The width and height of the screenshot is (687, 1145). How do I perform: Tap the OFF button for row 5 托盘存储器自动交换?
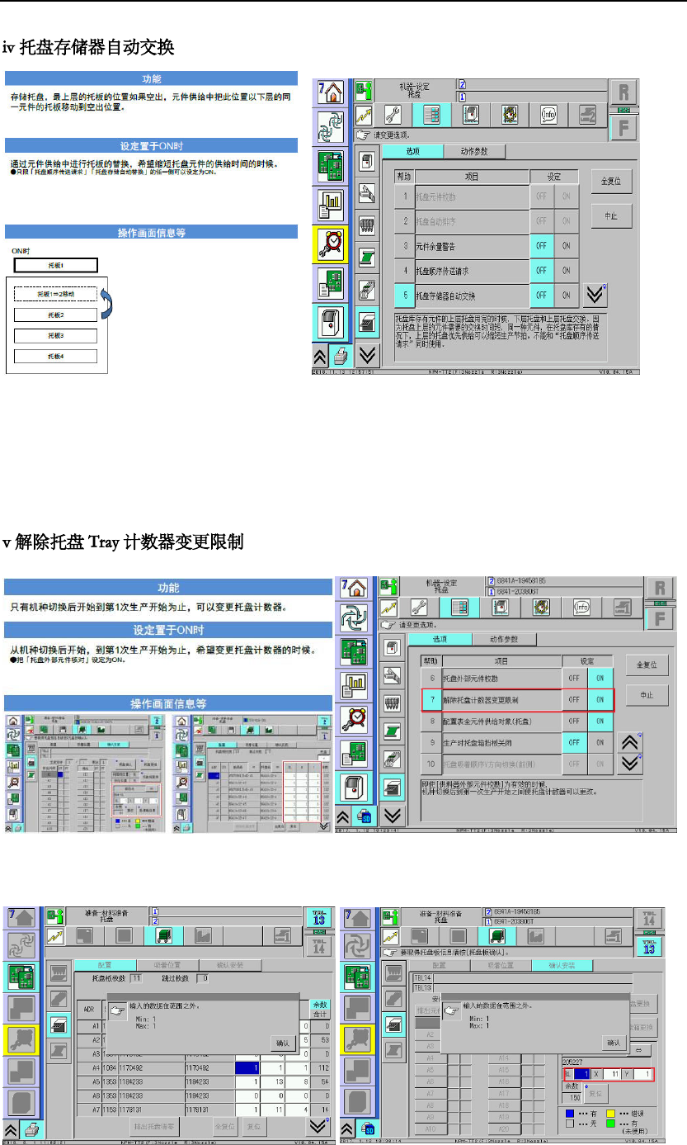(541, 295)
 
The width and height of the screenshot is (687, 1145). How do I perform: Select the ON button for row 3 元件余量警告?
(566, 246)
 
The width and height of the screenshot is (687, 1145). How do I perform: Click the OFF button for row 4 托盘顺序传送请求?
(541, 270)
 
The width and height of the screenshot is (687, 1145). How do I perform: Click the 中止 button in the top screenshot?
(611, 217)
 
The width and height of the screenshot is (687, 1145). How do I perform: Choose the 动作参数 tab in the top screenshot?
(474, 151)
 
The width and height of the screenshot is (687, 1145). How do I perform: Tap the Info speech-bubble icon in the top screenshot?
(549, 115)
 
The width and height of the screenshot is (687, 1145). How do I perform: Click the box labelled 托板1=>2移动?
(56, 294)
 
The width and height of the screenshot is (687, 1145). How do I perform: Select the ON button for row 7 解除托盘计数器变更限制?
(600, 700)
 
